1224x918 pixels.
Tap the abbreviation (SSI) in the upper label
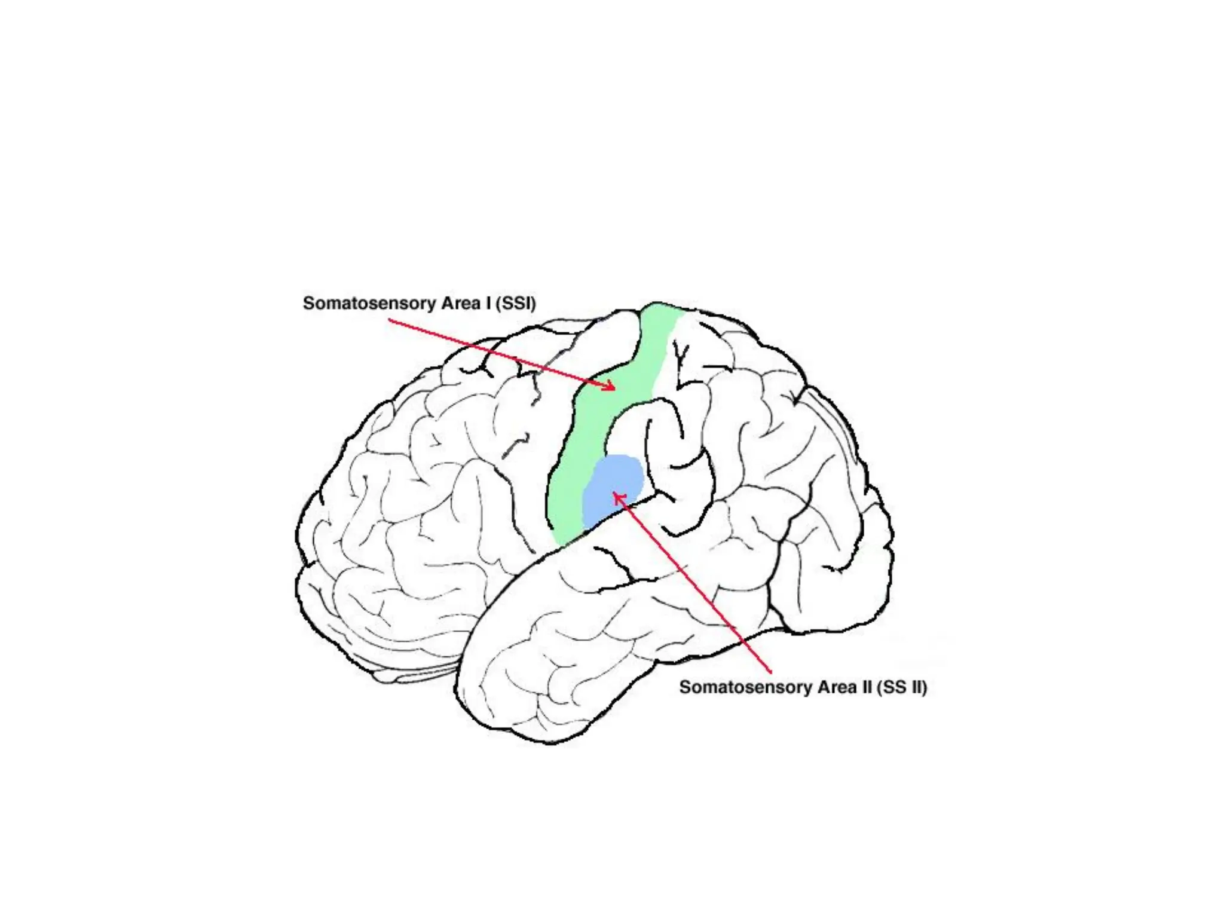coord(515,304)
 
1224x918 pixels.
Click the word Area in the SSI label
coord(461,304)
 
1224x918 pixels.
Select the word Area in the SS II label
coord(837,687)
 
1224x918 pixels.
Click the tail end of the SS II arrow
coord(770,673)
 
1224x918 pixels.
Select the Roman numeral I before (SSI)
coord(488,304)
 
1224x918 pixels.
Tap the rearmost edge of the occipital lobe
coord(892,550)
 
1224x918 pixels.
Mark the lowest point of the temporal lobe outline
coord(550,743)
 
